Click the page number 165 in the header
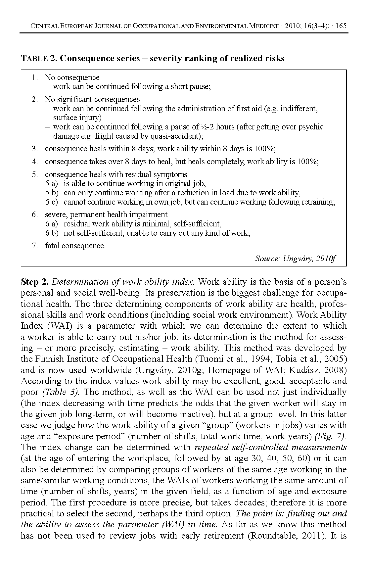341,26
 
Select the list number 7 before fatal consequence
34,246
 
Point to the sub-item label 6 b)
52,233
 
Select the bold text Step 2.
35,282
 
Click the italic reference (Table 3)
60,392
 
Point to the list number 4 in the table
34,162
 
